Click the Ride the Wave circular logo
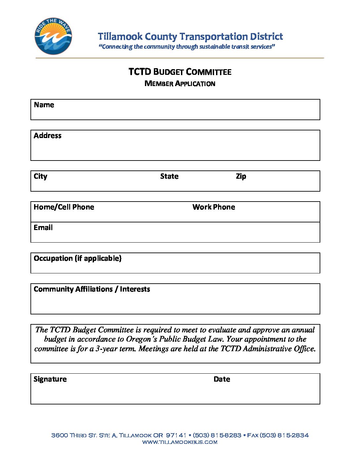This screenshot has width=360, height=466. click(53, 36)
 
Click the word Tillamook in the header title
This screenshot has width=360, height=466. click(120, 36)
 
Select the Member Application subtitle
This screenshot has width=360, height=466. click(180, 83)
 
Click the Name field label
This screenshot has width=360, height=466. click(44, 105)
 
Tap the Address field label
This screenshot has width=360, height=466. click(48, 136)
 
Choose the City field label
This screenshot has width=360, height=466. click(40, 176)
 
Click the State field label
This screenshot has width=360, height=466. click(169, 176)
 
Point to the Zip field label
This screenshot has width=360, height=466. click(241, 176)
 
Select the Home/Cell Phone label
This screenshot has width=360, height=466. click(64, 207)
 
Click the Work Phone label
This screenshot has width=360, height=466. click(214, 207)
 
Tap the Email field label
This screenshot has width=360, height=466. click(43, 228)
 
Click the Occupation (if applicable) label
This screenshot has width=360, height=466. click(77, 258)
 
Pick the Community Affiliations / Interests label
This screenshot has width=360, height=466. click(92, 289)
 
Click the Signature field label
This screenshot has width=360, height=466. click(50, 379)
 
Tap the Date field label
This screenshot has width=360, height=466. click(222, 379)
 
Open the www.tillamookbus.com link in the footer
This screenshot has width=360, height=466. click(180, 442)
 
